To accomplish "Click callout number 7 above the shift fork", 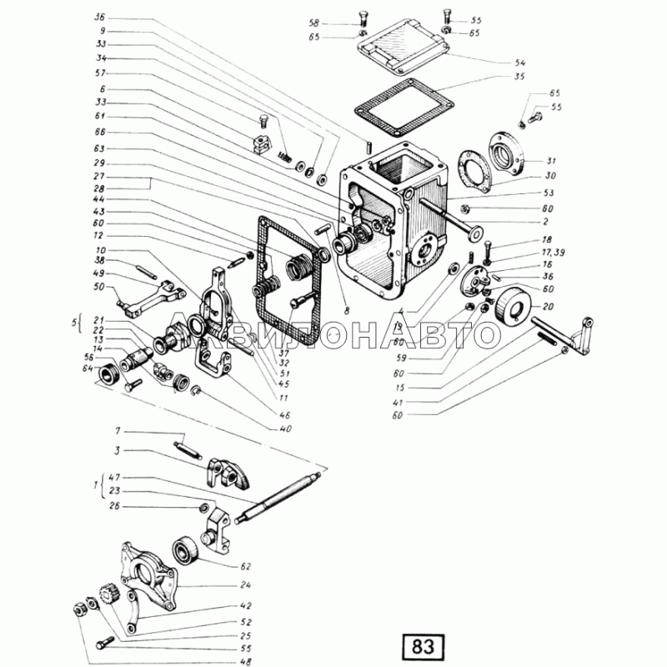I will coord(102,30).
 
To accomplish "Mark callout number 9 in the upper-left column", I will coord(102,30).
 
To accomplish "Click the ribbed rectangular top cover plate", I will coord(402,49).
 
